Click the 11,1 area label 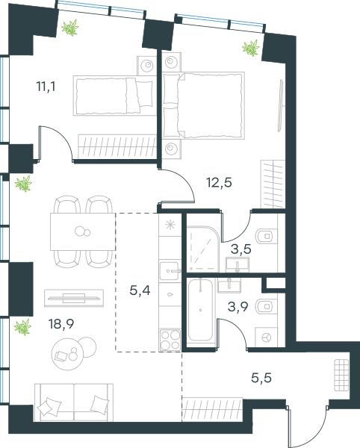(46, 87)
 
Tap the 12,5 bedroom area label (219, 182)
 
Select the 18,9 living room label (61, 324)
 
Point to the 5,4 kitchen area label (140, 290)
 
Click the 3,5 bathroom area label (241, 249)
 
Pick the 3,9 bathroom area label (238, 307)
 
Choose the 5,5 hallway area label (261, 378)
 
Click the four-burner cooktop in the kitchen (170, 340)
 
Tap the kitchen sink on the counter (170, 271)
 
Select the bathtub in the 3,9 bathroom (201, 310)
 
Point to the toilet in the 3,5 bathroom (267, 236)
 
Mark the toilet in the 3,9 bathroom (267, 307)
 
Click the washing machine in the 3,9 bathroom (266, 337)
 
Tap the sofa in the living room (74, 402)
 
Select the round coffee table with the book (67, 354)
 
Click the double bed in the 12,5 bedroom (204, 105)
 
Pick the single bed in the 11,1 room (114, 96)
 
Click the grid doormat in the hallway (342, 375)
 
